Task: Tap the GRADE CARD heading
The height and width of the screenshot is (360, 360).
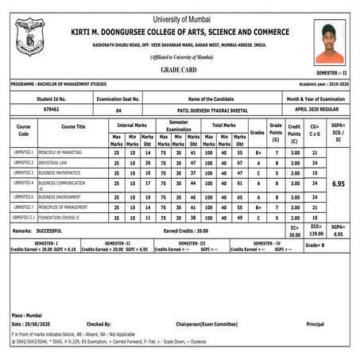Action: coord(180,69)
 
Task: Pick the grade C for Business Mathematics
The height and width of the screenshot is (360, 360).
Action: coord(257,172)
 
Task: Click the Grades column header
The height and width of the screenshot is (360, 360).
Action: coord(257,133)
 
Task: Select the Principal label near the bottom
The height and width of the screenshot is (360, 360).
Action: coord(315,324)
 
